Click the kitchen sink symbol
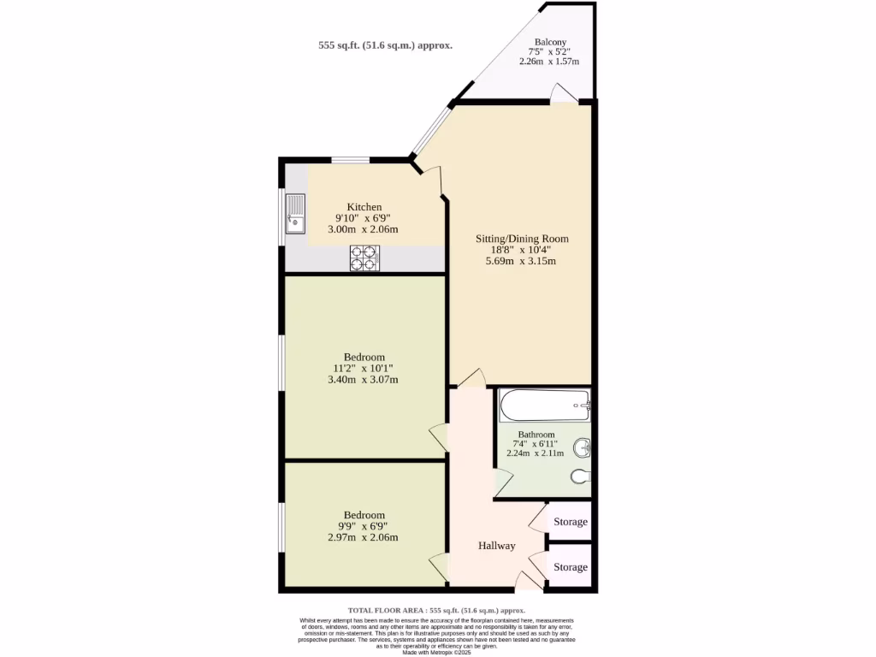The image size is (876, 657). (296, 214)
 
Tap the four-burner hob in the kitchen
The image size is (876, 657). (364, 258)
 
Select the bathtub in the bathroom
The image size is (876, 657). (545, 405)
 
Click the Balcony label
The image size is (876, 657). (550, 42)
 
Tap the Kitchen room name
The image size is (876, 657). (364, 207)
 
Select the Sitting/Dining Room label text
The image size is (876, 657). (522, 239)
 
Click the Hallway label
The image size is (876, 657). (496, 545)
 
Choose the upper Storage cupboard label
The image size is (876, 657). (571, 522)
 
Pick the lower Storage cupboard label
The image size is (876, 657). (571, 567)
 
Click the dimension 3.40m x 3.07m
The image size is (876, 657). (364, 379)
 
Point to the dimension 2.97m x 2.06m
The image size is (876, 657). (364, 537)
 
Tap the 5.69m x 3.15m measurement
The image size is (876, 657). (521, 261)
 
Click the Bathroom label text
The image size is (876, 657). (536, 435)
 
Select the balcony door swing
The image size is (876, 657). (563, 93)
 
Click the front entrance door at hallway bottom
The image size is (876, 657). (529, 582)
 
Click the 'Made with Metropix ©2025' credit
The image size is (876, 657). (437, 652)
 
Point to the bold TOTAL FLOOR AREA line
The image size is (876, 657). (437, 610)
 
